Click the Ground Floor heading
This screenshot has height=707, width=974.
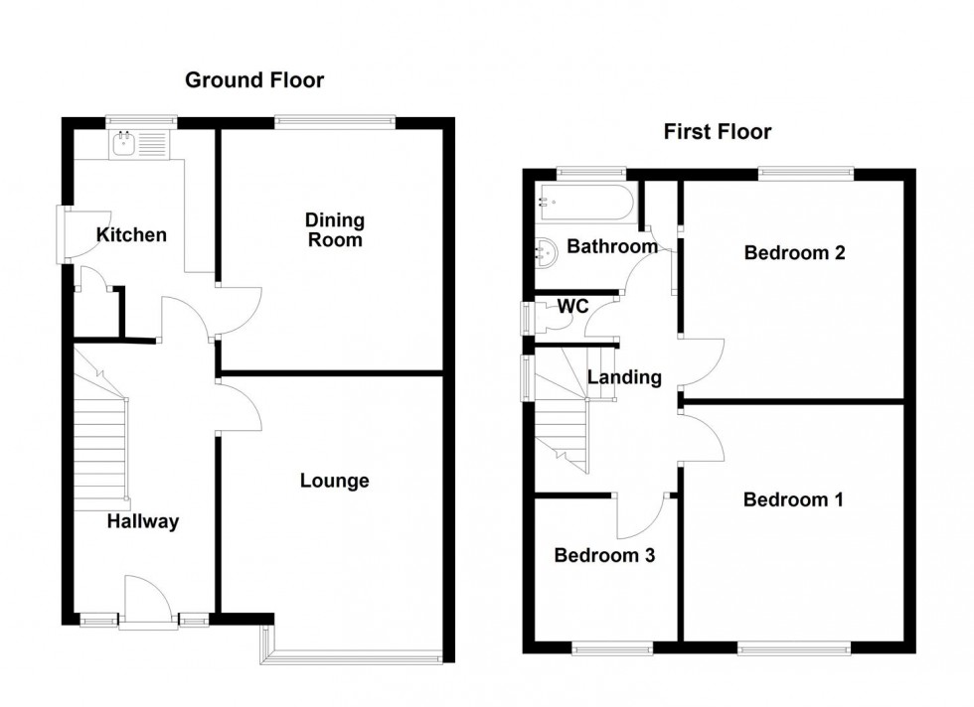[x=254, y=80]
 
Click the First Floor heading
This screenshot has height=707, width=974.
[x=717, y=132]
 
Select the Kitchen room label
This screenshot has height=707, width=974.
[x=131, y=235]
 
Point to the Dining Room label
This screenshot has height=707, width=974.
[x=334, y=230]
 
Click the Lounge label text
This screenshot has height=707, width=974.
[x=335, y=482]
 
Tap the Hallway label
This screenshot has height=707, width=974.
[x=144, y=521]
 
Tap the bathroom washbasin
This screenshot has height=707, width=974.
[x=546, y=252]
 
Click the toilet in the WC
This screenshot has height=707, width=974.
[x=543, y=317]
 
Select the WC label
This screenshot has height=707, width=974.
[x=572, y=307]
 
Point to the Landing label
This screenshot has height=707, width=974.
[x=624, y=377]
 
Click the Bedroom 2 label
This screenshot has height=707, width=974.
[x=794, y=252]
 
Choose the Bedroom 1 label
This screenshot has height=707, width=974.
[x=793, y=499]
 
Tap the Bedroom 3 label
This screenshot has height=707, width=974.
[x=604, y=555]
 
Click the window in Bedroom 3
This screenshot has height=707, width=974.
[x=612, y=647]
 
